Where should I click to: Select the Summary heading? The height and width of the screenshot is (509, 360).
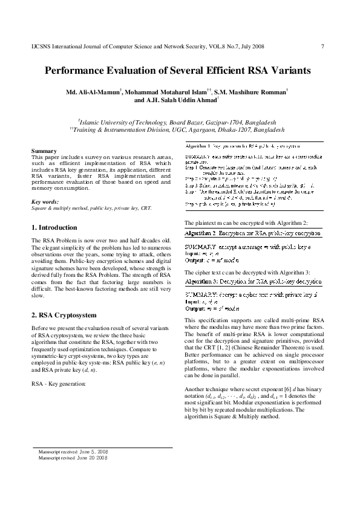(44, 151)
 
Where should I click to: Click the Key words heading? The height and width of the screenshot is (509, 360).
(45, 201)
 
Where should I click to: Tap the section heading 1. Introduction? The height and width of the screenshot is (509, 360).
(54, 227)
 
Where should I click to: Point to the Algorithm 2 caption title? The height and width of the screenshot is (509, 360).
(253, 233)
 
